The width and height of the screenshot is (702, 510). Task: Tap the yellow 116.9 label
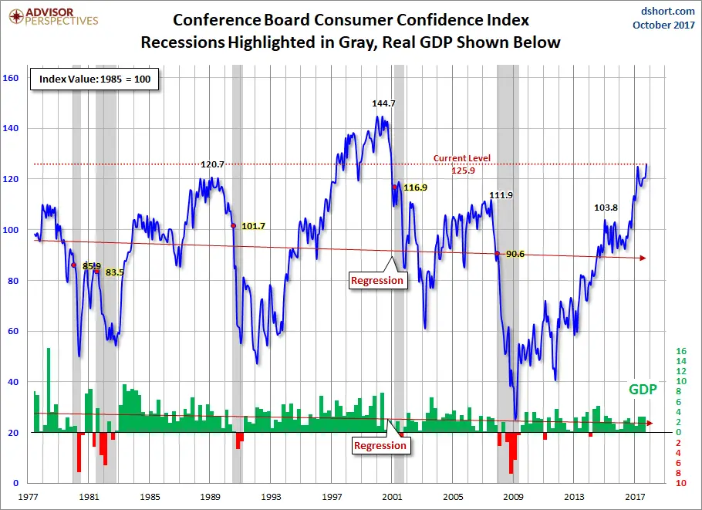click(415, 187)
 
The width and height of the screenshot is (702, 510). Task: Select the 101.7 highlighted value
click(253, 226)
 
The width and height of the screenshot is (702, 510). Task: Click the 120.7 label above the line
click(212, 164)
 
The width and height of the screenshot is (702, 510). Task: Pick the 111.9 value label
click(501, 195)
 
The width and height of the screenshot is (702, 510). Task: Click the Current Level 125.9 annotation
click(461, 164)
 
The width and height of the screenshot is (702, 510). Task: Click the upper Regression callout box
click(377, 280)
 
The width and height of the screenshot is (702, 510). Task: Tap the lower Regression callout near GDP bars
click(380, 445)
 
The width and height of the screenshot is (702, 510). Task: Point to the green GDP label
click(642, 390)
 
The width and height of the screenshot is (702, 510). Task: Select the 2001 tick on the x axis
click(393, 497)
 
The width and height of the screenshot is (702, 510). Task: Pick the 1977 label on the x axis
click(30, 497)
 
